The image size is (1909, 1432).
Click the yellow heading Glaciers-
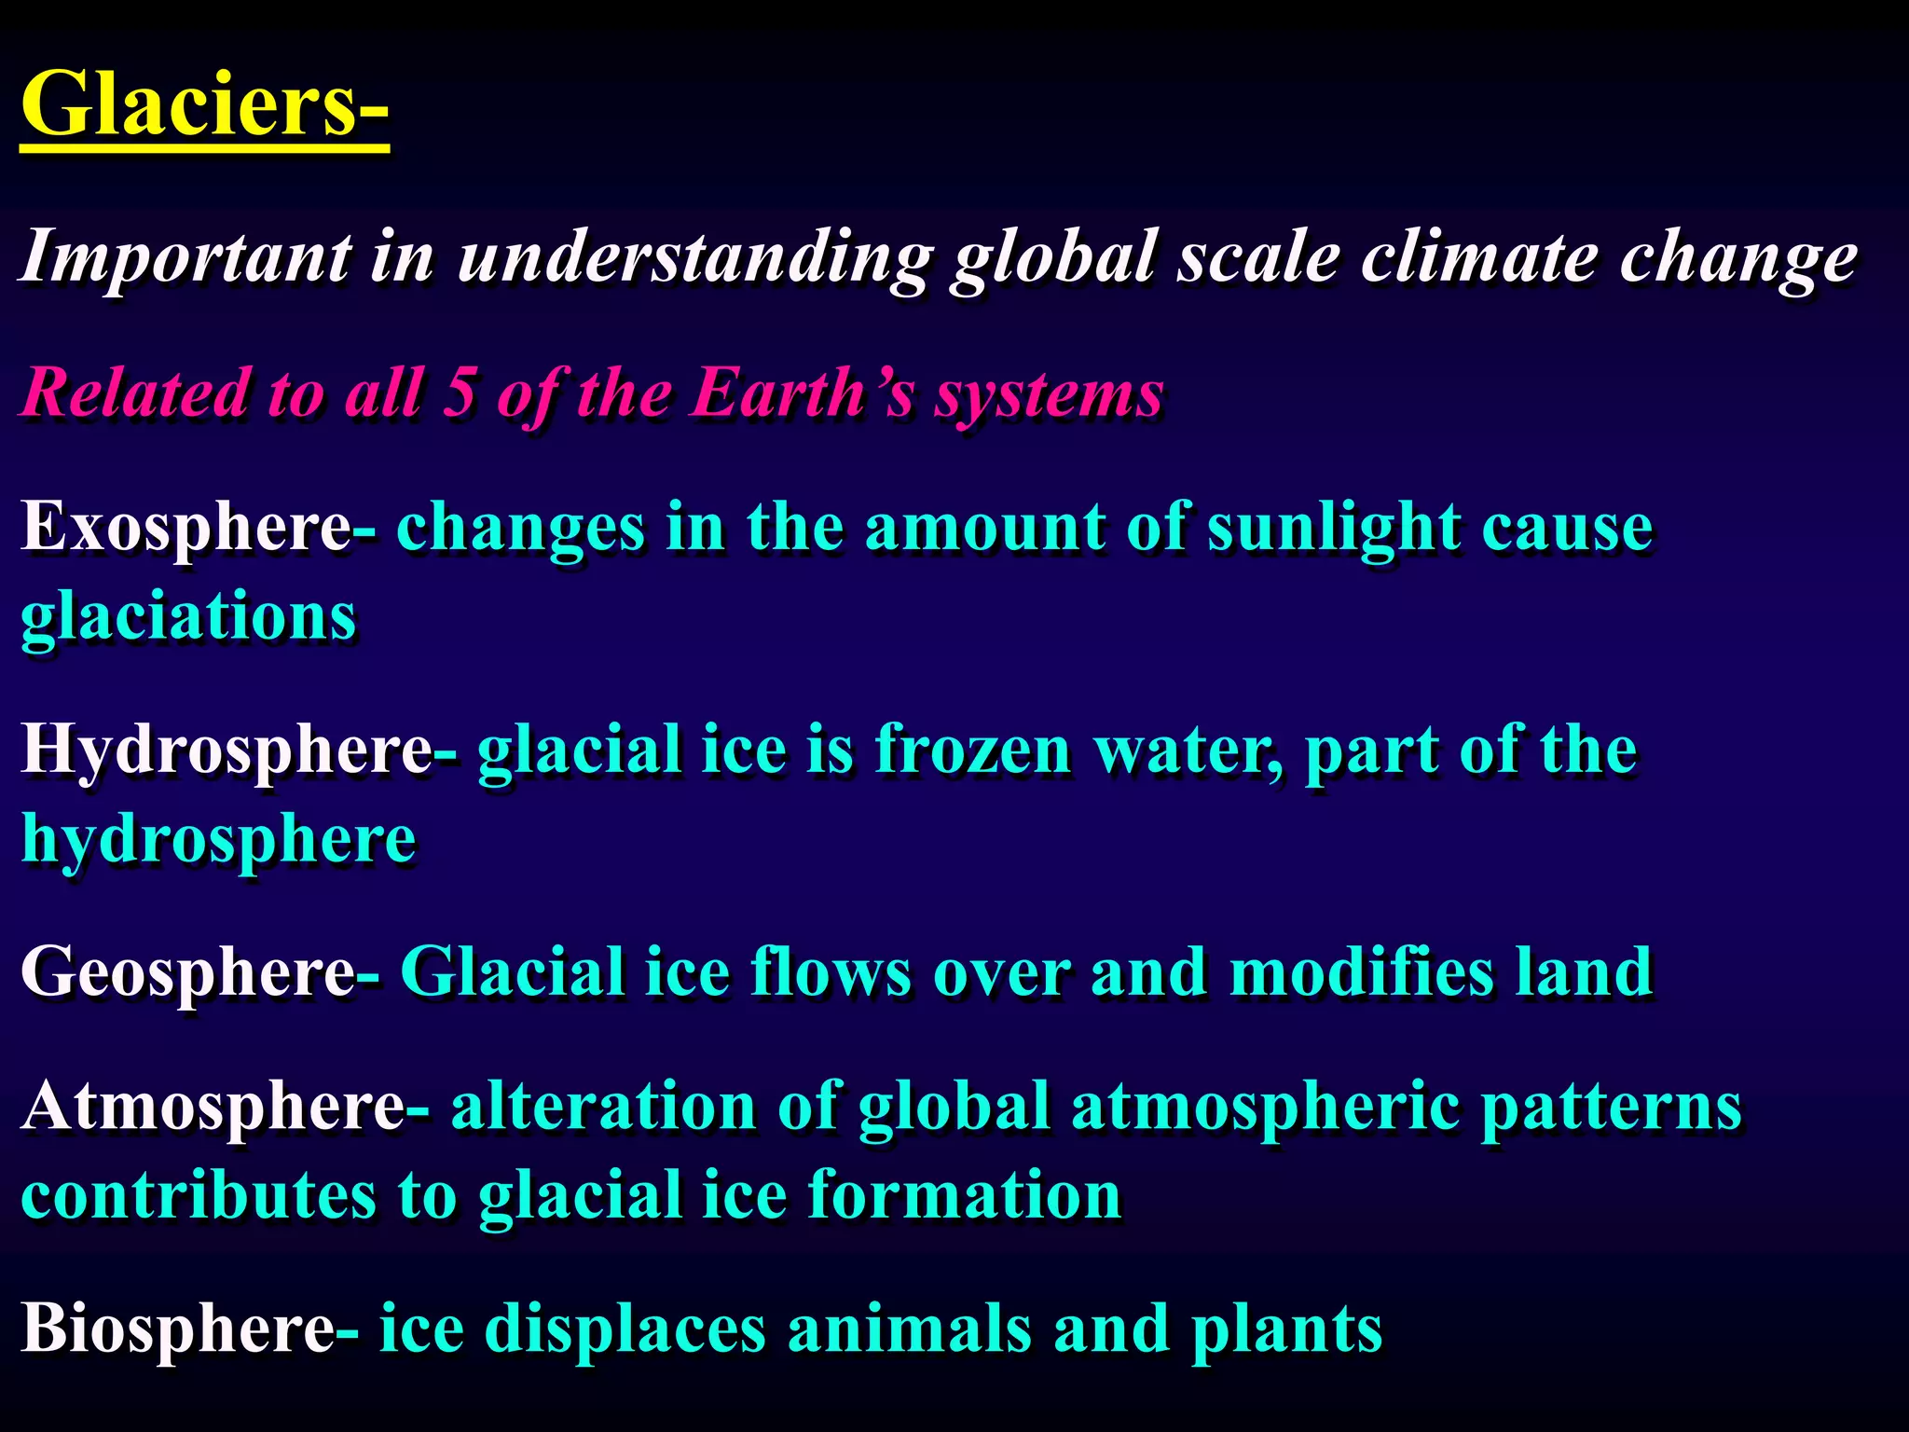tap(203, 103)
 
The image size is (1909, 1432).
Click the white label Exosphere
tap(185, 528)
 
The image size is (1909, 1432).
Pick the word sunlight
tap(1333, 528)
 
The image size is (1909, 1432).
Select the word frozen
tap(973, 750)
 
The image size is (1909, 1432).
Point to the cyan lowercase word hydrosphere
tap(218, 839)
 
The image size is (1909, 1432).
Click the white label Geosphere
tap(186, 972)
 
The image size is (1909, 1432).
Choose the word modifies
tap(1361, 972)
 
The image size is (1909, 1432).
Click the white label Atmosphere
tap(213, 1107)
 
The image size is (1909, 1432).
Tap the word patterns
tap(1611, 1107)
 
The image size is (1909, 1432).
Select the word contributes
tap(199, 1195)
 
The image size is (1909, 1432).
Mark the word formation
tap(964, 1195)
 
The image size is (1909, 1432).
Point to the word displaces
tap(625, 1329)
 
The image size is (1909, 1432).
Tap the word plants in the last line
tap(1286, 1329)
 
